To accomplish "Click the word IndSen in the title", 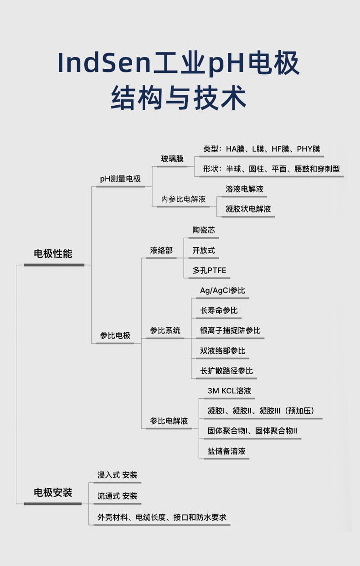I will pyautogui.click(x=104, y=63).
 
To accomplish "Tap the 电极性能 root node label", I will pyautogui.click(x=53, y=254).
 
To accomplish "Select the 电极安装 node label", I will pyautogui.click(x=53, y=493).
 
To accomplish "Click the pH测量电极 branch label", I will pyautogui.click(x=120, y=179).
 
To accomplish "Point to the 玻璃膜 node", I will pyautogui.click(x=172, y=159).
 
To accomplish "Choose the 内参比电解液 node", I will pyautogui.click(x=183, y=199).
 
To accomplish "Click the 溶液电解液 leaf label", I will pyautogui.click(x=244, y=189).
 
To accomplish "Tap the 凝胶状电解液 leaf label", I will pyautogui.click(x=248, y=209).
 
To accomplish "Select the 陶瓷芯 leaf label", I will pyautogui.click(x=203, y=230).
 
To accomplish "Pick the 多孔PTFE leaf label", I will pyautogui.click(x=209, y=270).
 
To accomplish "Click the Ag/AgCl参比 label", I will pyautogui.click(x=222, y=290).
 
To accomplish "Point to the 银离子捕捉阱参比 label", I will pyautogui.click(x=230, y=330).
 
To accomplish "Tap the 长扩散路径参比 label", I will pyautogui.click(x=226, y=371).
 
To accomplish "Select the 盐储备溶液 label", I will pyautogui.click(x=226, y=451).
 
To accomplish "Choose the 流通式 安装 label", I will pyautogui.click(x=117, y=496).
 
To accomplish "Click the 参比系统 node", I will pyautogui.click(x=165, y=330).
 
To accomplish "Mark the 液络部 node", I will pyautogui.click(x=161, y=250).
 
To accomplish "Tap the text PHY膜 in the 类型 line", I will pyautogui.click(x=308, y=149).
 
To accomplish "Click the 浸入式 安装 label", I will pyautogui.click(x=117, y=475).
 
